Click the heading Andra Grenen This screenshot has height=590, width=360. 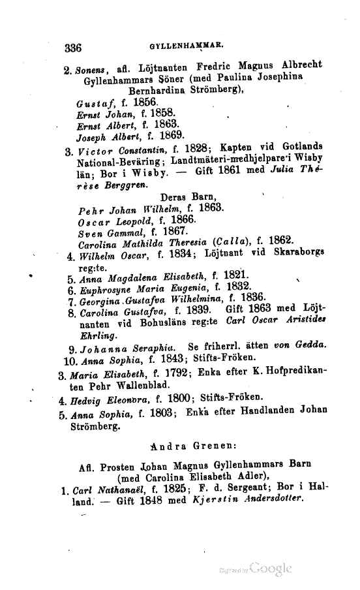pos(188,446)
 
